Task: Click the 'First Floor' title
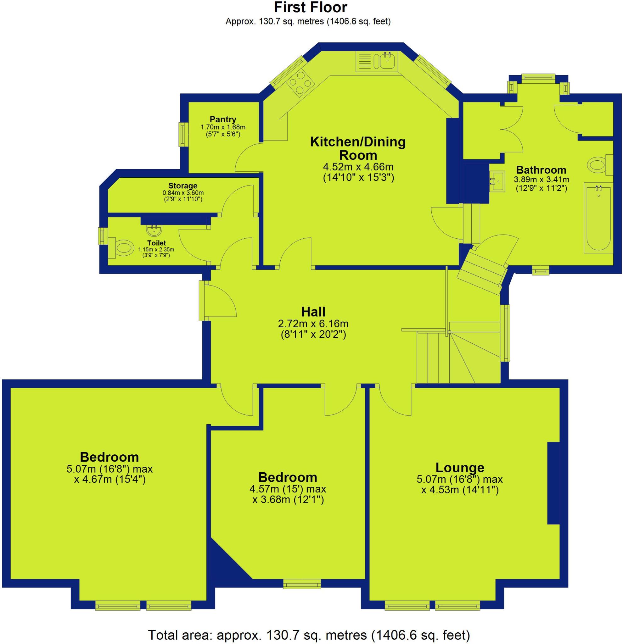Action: click(x=310, y=8)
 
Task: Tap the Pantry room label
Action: click(x=223, y=119)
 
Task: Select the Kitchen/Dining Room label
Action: click(x=358, y=148)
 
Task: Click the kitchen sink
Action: click(x=388, y=61)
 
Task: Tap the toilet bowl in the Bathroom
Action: click(x=598, y=164)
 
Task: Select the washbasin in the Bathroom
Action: click(x=498, y=181)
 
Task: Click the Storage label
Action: click(x=183, y=186)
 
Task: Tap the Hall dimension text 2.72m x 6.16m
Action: click(x=313, y=324)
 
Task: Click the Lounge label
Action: click(x=460, y=467)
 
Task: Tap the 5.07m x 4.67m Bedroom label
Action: click(x=109, y=457)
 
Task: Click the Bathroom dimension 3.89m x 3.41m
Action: click(x=541, y=180)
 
